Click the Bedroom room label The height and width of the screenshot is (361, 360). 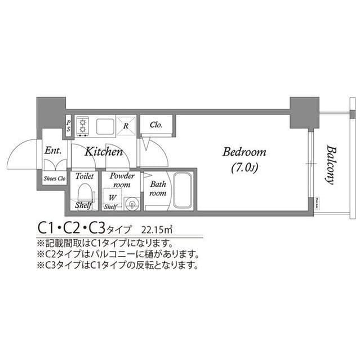tap(245, 152)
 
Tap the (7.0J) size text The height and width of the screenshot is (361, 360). tap(245, 168)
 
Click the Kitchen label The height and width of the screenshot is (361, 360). tap(104, 152)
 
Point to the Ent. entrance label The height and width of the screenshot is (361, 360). tap(53, 151)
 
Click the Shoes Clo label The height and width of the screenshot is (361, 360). tap(54, 178)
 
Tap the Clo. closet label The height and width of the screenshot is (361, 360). tap(156, 125)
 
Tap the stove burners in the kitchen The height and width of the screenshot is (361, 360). tap(83, 125)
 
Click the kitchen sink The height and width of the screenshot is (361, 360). tap(105, 126)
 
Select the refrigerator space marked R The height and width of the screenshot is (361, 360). tap(126, 126)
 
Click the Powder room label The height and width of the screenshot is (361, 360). tap(121, 180)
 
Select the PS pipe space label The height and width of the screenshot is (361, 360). tap(69, 125)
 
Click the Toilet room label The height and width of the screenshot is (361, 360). tap(85, 176)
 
